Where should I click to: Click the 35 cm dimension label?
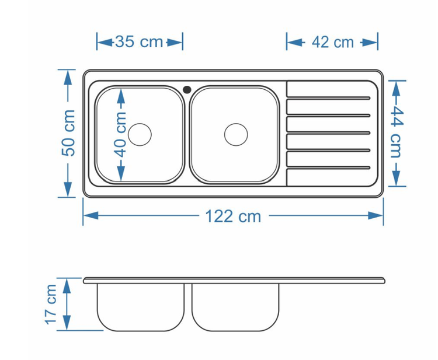[x=139, y=41]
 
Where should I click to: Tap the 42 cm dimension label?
[x=333, y=42]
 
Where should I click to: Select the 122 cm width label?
[x=233, y=216]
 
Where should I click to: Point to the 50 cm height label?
[x=69, y=133]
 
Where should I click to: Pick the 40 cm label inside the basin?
[x=120, y=135]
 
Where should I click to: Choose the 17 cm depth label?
[x=51, y=304]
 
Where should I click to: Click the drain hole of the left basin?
[x=140, y=135]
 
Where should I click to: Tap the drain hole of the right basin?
[x=236, y=135]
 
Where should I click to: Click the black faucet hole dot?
[x=187, y=90]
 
